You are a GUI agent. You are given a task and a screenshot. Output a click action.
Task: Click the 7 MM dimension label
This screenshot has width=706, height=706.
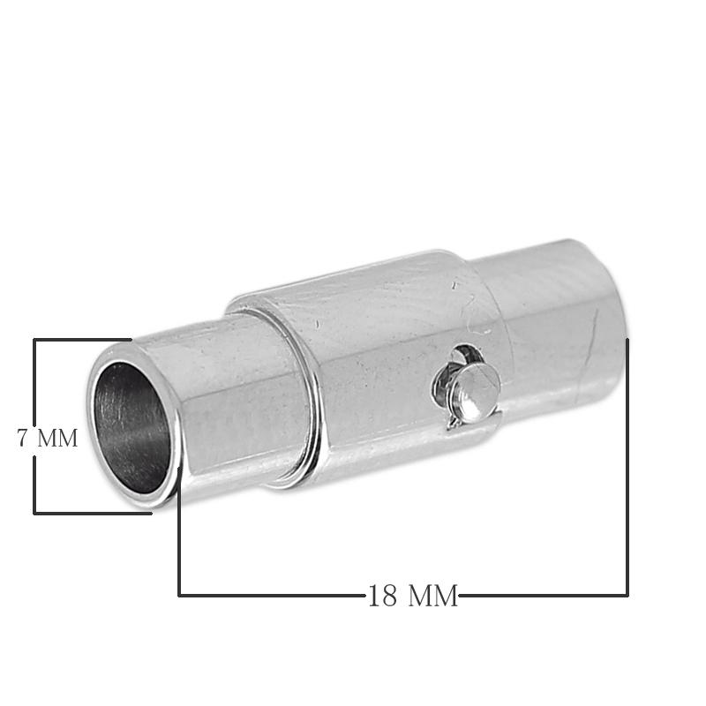tap(48, 438)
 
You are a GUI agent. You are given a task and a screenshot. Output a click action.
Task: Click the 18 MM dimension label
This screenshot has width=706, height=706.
tap(413, 595)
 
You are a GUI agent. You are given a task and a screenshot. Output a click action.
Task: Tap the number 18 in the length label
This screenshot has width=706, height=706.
tap(383, 595)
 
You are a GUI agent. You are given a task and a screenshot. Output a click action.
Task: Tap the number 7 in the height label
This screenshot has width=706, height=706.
tap(23, 438)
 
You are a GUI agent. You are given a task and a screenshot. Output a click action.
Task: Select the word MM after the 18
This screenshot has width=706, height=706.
tap(433, 595)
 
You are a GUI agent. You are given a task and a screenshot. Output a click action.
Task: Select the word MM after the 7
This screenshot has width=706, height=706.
tap(57, 438)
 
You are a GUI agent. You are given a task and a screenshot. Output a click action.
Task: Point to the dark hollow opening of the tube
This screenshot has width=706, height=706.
tap(131, 429)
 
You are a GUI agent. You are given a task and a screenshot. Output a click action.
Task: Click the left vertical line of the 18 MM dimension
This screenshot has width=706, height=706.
tap(180, 531)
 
